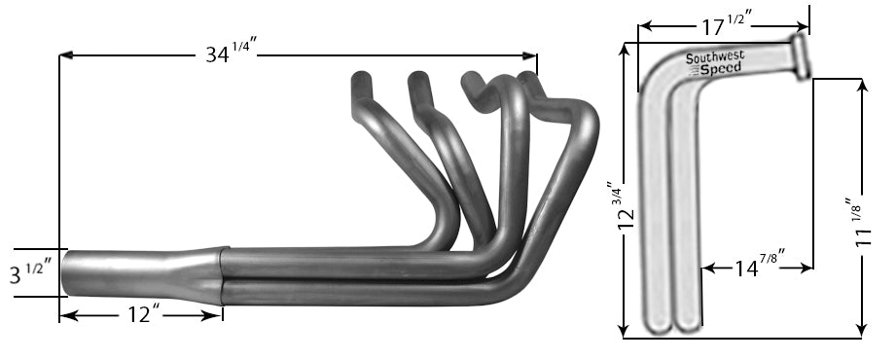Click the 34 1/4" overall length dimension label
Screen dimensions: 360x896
coord(231,54)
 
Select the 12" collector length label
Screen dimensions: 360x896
coord(141,314)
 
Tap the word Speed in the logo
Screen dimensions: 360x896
coord(722,69)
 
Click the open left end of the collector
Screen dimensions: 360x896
coord(69,275)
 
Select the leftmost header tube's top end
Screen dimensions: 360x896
coord(361,78)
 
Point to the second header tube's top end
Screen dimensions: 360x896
coord(419,77)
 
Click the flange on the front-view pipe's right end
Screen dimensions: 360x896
coord(804,55)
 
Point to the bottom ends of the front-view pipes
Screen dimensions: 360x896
coord(673,327)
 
